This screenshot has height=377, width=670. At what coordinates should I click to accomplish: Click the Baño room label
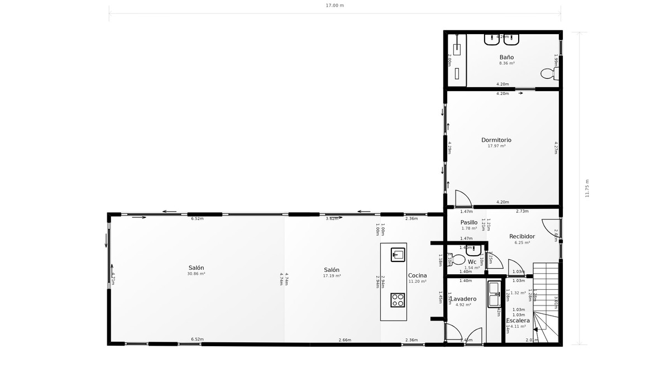click(506, 57)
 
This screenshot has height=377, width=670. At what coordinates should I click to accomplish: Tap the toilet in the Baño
click(548, 73)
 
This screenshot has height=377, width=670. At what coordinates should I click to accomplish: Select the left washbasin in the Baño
click(492, 39)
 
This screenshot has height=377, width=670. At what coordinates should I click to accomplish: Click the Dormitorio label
click(496, 140)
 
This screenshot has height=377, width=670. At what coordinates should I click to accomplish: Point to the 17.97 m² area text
click(496, 146)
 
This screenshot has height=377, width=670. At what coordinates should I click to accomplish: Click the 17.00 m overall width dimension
click(335, 6)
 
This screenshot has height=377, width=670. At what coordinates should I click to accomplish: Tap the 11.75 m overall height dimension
click(587, 188)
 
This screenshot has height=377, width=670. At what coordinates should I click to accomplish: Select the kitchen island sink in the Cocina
click(398, 255)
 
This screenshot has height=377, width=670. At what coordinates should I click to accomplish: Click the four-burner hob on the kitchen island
click(398, 299)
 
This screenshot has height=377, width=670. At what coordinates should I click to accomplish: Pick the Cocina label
click(417, 275)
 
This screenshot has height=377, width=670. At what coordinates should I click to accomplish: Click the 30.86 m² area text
click(196, 274)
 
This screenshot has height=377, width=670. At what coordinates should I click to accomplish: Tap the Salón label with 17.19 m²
click(332, 270)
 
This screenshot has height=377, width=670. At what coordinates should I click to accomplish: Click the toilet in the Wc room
click(458, 260)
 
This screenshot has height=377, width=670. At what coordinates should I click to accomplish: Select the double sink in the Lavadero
click(494, 294)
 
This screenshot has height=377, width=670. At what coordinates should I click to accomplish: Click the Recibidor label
click(522, 236)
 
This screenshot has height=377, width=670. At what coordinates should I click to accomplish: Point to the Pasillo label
click(469, 222)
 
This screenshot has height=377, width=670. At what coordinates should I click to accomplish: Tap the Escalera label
click(518, 321)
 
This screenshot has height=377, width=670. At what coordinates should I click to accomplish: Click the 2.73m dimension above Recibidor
click(522, 211)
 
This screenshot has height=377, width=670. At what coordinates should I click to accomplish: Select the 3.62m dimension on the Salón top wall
click(332, 218)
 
